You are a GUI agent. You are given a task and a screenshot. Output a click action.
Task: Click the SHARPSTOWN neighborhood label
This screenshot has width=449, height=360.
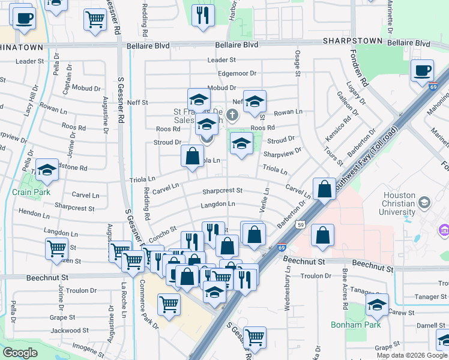click(x=351, y=41)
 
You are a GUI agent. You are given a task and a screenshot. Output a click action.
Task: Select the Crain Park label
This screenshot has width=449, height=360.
click(x=32, y=193)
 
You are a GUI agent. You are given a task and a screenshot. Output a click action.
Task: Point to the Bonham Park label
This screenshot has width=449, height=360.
click(x=347, y=325)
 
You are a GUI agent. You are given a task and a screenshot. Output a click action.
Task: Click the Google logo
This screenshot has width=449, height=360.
click(x=20, y=353)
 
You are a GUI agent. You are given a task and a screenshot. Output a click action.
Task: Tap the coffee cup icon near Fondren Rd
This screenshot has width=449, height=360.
click(x=422, y=71)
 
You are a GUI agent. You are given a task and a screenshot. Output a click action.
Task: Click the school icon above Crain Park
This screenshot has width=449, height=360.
click(x=47, y=170)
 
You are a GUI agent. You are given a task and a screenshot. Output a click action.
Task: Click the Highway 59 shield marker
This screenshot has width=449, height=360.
click(x=300, y=225)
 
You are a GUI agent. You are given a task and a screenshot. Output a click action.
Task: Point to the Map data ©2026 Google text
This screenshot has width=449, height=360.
click(x=412, y=355)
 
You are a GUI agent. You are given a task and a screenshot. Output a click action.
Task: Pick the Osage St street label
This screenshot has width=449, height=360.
click(x=297, y=62)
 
